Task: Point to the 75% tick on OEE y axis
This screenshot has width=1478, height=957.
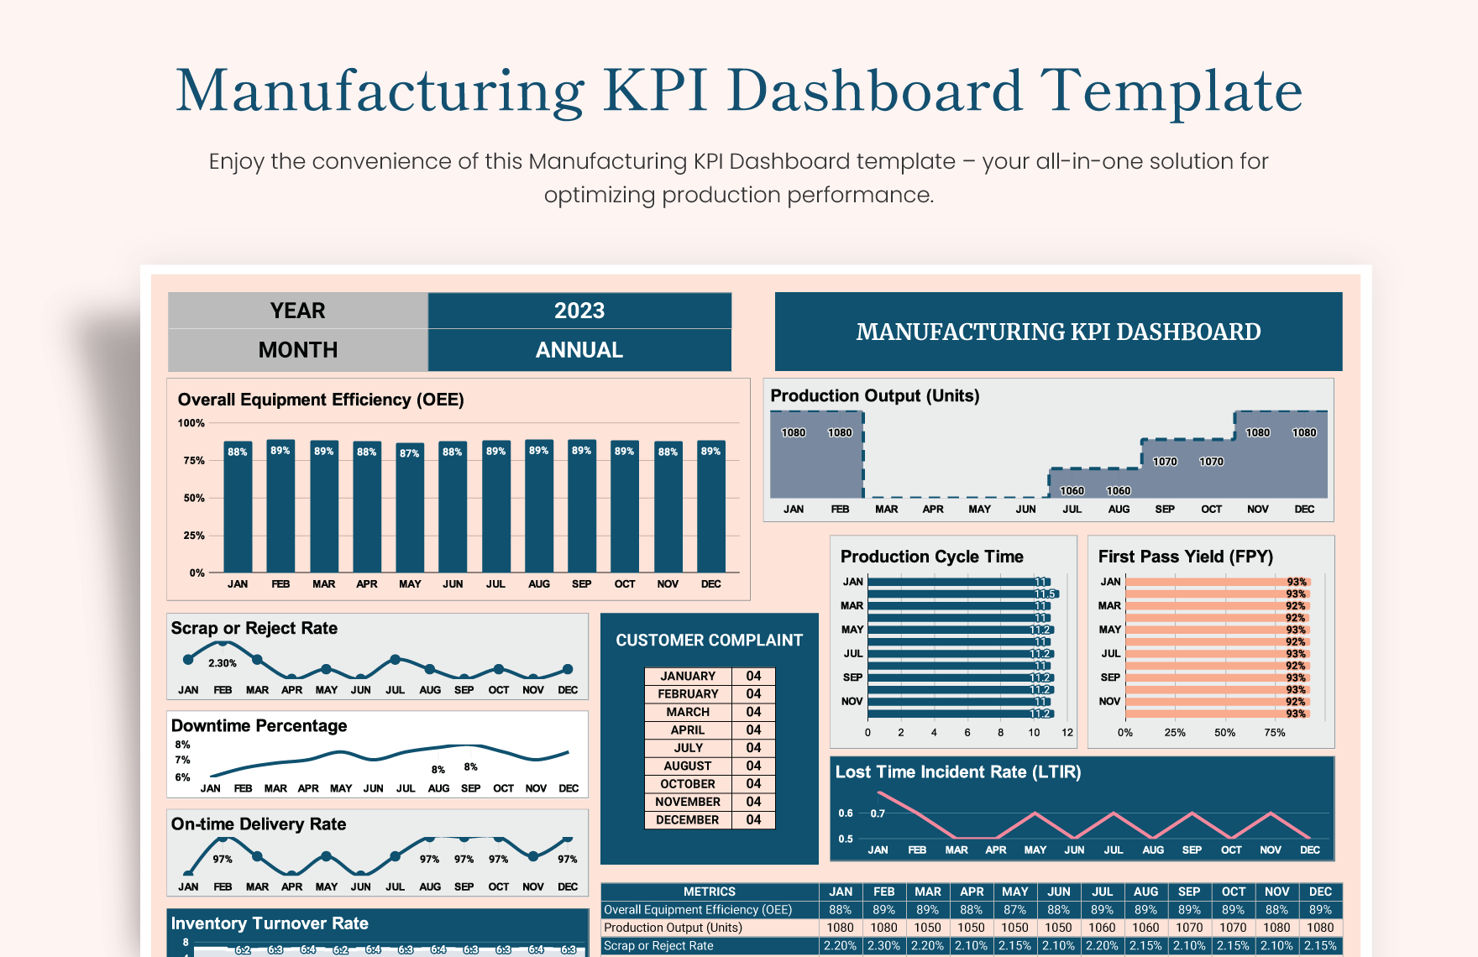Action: click(194, 461)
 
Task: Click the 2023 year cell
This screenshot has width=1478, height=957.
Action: click(579, 311)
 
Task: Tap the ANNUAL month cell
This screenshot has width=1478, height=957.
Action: click(579, 350)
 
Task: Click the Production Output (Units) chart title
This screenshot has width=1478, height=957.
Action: click(874, 395)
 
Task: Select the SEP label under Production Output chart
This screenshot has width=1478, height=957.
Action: click(1165, 510)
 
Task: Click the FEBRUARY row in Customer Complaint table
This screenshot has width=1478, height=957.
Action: click(688, 694)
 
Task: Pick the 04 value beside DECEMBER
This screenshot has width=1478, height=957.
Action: click(753, 820)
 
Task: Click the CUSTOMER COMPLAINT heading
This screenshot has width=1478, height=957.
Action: click(709, 641)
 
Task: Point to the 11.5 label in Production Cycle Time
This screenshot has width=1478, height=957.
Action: click(1044, 594)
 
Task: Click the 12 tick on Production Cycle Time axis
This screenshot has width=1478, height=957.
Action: click(1067, 733)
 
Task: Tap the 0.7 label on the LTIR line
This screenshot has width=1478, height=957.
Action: click(878, 813)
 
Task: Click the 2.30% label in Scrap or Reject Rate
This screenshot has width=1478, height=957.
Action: click(223, 663)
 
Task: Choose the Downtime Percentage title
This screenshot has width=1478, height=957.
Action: click(259, 725)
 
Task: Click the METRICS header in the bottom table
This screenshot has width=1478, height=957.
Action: click(709, 892)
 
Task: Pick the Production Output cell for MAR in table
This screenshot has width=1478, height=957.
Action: click(927, 928)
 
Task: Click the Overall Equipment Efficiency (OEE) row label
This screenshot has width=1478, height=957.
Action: click(698, 910)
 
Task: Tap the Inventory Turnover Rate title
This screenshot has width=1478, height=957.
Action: click(270, 923)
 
